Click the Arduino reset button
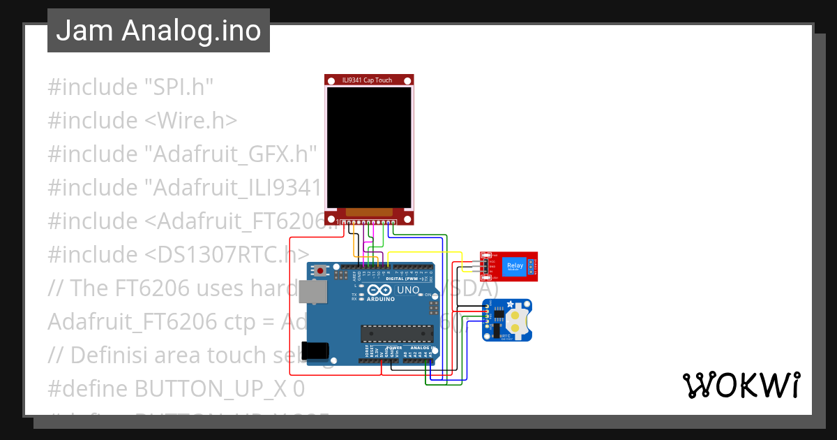click(320, 270)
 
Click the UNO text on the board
click(408, 290)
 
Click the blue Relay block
click(515, 266)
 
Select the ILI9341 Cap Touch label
click(369, 80)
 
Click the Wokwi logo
click(740, 385)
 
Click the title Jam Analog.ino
click(158, 30)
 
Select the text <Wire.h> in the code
click(190, 121)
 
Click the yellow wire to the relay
click(425, 252)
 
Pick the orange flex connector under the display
click(369, 212)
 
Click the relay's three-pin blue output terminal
click(531, 266)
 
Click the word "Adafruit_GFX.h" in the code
click(230, 154)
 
